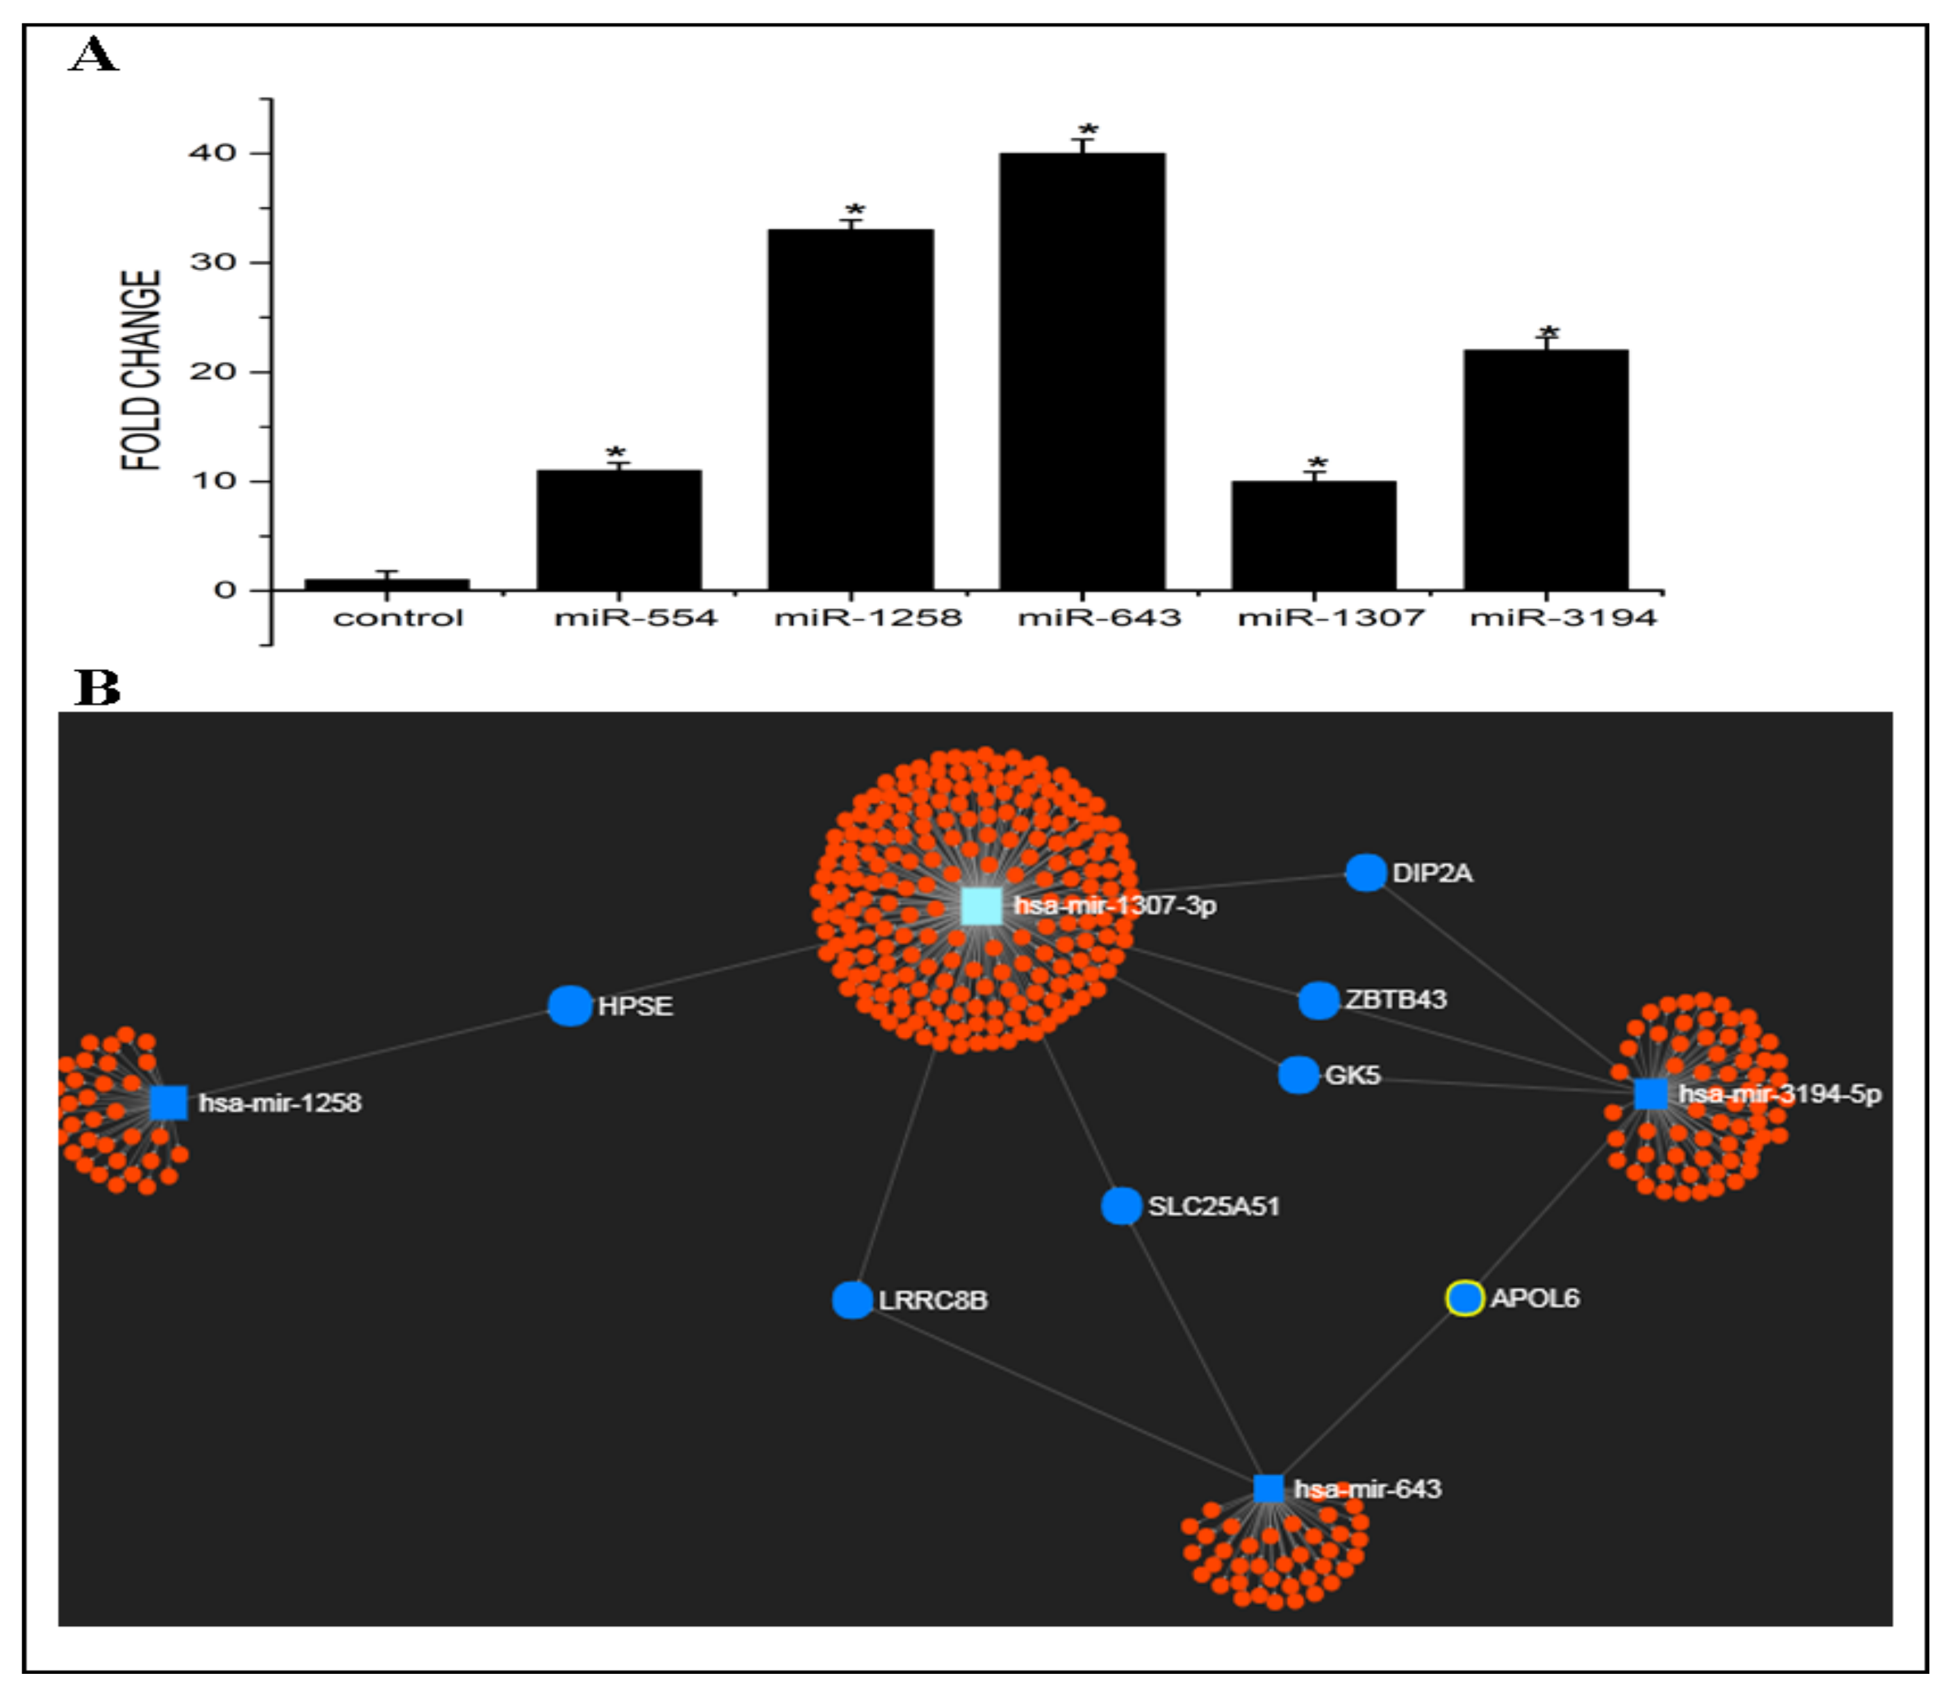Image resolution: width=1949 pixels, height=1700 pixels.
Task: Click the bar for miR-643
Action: coord(1082,372)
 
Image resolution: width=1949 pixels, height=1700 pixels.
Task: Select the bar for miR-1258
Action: coord(850,410)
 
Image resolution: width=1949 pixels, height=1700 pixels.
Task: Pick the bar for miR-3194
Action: coord(1545,469)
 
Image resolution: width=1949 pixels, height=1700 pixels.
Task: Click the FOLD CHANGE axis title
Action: coord(141,370)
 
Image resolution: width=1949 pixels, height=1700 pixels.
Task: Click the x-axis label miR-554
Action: coord(635,619)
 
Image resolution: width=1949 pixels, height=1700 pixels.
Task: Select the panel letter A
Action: coord(94,55)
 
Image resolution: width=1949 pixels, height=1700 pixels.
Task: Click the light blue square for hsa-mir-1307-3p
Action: coord(981,906)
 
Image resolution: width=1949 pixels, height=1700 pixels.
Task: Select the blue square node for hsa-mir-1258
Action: coord(169,1102)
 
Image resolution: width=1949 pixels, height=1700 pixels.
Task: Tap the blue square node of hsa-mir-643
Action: coord(1269,1488)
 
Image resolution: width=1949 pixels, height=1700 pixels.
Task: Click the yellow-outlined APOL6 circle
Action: coord(1464,1298)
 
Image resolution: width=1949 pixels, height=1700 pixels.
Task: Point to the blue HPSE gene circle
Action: coord(569,1006)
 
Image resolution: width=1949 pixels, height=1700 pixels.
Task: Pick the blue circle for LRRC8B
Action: coord(852,1300)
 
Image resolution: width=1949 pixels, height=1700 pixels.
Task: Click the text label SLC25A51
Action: coord(1214,1207)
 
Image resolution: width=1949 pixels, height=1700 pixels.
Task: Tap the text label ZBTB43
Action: coord(1396,999)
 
